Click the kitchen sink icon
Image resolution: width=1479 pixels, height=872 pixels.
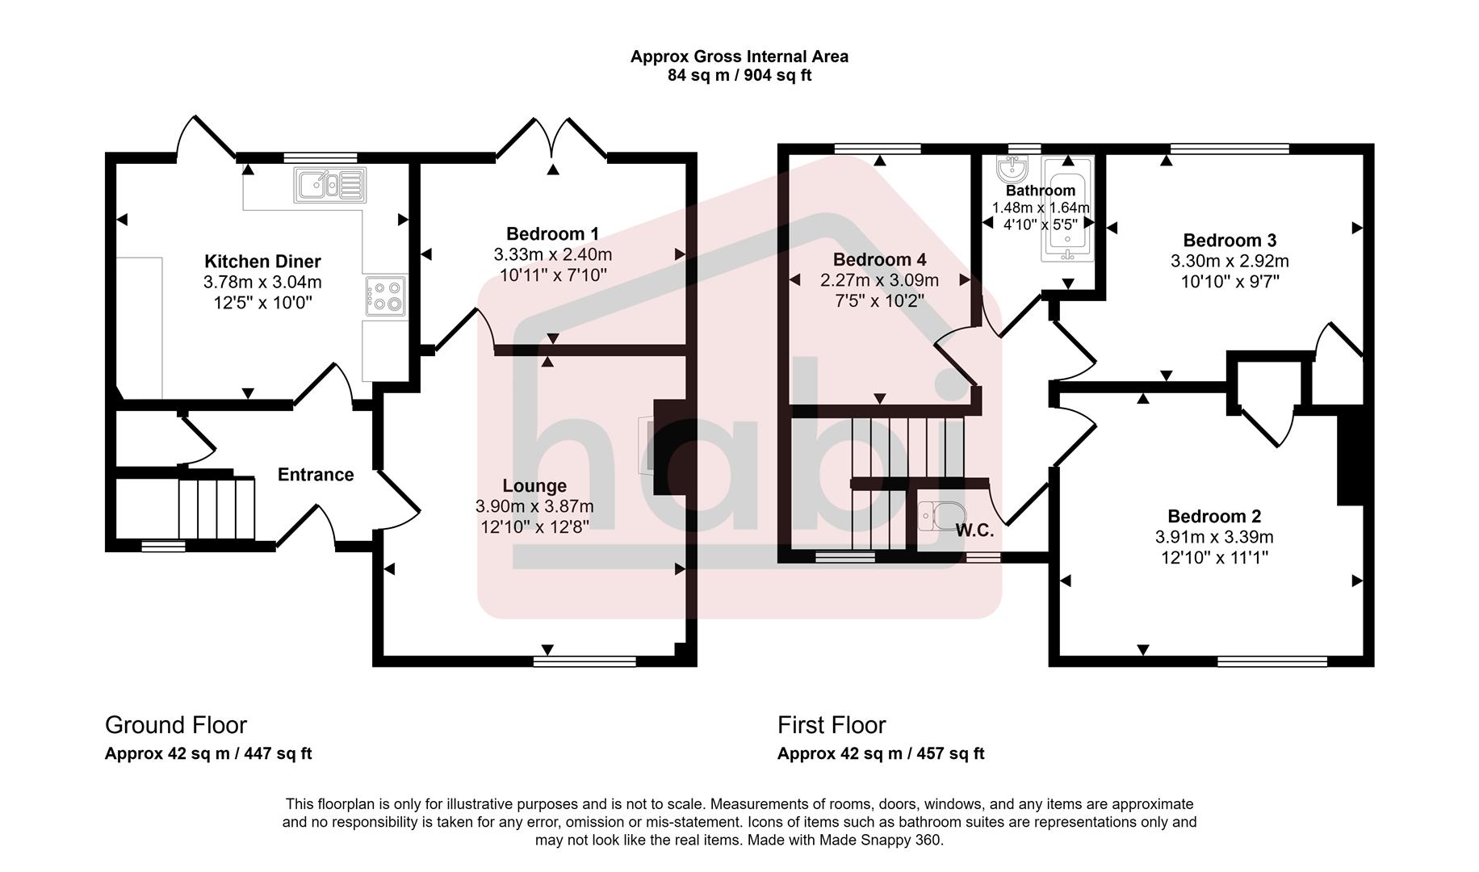pos(329,185)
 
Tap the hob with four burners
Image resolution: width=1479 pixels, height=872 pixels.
pos(386,296)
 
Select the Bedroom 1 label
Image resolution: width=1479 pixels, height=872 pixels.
pos(552,234)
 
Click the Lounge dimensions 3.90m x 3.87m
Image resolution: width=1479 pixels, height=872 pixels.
pos(534,506)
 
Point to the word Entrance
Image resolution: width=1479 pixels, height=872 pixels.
pos(316,475)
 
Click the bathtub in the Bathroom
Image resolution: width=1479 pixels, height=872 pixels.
pos(1067,210)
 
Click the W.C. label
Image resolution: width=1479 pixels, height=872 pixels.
pos(974,530)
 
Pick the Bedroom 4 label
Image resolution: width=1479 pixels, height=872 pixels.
pos(879,260)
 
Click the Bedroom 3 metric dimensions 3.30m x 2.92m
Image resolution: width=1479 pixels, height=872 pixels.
pos(1230,261)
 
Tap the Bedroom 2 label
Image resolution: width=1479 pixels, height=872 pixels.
pos(1214,517)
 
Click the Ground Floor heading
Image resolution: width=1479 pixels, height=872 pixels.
pos(176,725)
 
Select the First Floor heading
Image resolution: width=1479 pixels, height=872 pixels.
pos(832,725)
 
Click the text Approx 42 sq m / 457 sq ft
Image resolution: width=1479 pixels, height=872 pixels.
pos(881,754)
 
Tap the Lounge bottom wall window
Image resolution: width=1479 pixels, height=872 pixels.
pos(584,662)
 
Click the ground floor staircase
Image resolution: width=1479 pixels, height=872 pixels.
pos(216,508)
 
